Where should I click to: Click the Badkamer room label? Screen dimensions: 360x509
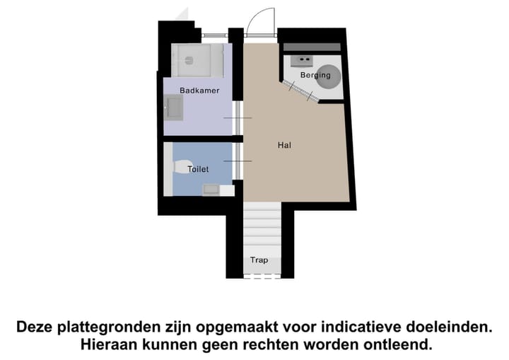(x=199, y=91)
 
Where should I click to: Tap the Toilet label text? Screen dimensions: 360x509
(x=197, y=170)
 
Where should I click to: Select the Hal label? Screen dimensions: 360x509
(x=284, y=145)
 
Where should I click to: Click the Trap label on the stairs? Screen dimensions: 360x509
(x=259, y=260)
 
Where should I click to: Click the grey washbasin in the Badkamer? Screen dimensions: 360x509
(x=173, y=108)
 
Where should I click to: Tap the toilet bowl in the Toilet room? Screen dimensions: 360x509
(x=180, y=168)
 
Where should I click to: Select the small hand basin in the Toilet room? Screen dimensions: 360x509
(x=211, y=189)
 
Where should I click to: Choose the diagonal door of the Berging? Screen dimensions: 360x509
(x=300, y=91)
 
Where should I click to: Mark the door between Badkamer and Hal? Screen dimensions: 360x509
(x=237, y=117)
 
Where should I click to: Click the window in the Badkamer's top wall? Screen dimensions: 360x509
(x=214, y=35)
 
